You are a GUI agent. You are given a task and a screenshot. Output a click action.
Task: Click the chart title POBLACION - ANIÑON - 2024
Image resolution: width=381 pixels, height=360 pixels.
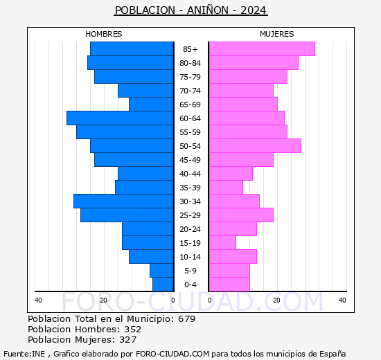190,10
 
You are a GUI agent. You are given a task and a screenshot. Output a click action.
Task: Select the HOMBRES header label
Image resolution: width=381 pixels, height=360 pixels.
103,34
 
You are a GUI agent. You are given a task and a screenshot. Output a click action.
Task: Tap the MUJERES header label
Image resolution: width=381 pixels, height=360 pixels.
276,34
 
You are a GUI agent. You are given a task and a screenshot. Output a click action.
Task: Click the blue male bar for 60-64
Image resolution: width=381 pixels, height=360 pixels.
120,118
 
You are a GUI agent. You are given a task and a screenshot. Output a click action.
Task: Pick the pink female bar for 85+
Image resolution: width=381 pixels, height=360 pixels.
262,49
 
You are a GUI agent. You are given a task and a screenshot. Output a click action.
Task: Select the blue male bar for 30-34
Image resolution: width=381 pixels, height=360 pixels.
123,201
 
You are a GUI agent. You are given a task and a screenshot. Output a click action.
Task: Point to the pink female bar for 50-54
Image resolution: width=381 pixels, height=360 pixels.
255,146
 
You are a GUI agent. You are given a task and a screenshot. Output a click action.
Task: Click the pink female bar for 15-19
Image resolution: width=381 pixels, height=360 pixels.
222,243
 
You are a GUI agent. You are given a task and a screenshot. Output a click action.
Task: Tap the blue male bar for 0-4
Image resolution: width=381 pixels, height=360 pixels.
163,285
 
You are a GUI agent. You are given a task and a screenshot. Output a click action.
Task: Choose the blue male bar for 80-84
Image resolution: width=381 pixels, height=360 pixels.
130,63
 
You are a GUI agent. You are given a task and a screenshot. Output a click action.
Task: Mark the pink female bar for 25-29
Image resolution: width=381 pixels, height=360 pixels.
241,215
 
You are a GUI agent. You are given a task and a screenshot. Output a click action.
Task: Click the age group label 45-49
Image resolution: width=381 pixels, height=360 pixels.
190,160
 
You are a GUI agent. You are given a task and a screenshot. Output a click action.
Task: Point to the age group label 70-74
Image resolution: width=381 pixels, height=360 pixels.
190,91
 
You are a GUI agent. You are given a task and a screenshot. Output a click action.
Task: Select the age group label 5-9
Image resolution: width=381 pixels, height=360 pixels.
190,271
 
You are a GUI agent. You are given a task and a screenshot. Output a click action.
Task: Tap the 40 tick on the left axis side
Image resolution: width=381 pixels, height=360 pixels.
39,300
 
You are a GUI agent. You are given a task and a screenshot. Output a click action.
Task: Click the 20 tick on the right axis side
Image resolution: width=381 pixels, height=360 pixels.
276,300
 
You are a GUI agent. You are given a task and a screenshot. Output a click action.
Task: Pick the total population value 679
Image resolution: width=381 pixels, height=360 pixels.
186,319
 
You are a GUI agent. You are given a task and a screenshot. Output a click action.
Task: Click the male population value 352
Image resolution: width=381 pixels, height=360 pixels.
132,330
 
